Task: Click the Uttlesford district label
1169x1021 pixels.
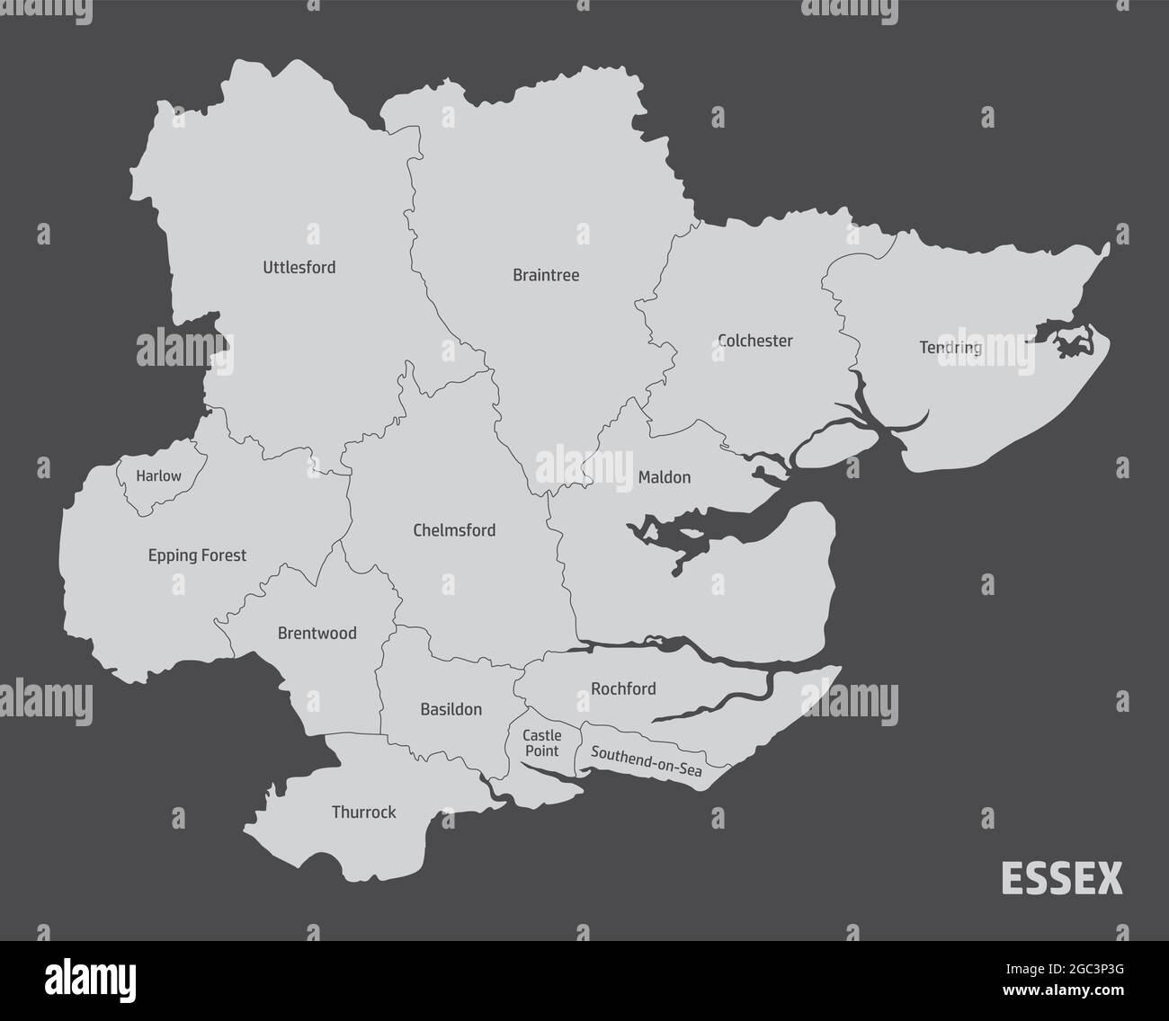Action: pyautogui.click(x=299, y=267)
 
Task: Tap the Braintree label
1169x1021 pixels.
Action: pyautogui.click(x=546, y=275)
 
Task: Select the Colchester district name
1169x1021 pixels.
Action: pyautogui.click(x=755, y=341)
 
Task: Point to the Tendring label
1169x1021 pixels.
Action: pyautogui.click(x=950, y=347)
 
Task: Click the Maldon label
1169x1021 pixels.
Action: pyautogui.click(x=665, y=477)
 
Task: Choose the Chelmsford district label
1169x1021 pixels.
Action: pyautogui.click(x=454, y=530)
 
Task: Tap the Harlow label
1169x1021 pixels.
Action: pyautogui.click(x=158, y=476)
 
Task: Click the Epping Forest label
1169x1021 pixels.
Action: pyautogui.click(x=197, y=555)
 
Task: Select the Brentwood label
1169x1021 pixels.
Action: pyautogui.click(x=317, y=633)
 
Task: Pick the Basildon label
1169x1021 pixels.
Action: pyautogui.click(x=451, y=709)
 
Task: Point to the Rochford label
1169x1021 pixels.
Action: pyautogui.click(x=623, y=689)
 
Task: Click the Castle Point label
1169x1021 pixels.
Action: pyautogui.click(x=541, y=743)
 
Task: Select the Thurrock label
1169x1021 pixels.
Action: pyautogui.click(x=363, y=812)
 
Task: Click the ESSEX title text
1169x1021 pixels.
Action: pyautogui.click(x=1061, y=879)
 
